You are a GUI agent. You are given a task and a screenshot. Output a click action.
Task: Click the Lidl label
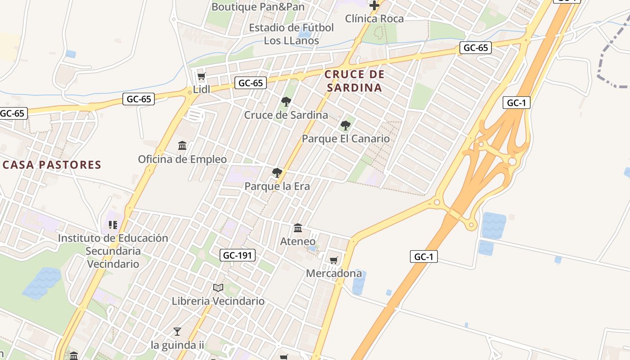click(x=202, y=90)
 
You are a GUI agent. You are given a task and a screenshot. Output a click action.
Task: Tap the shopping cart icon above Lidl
click(x=201, y=76)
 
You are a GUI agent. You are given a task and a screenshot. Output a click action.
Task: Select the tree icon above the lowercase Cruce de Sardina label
click(x=286, y=102)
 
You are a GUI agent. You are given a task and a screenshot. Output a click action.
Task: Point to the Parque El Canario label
click(x=346, y=139)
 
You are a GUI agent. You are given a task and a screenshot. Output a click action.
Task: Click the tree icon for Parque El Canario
click(x=345, y=126)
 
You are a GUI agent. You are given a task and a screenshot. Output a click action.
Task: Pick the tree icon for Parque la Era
click(x=277, y=173)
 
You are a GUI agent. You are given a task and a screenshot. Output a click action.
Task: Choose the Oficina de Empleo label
click(x=182, y=159)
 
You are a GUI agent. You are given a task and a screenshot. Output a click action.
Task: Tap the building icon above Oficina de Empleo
click(x=182, y=146)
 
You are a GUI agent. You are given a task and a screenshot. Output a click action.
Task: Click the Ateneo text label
click(x=298, y=241)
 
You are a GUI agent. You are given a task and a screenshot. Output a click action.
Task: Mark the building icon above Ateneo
click(x=298, y=228)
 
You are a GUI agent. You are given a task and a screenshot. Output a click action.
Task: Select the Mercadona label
click(x=334, y=273)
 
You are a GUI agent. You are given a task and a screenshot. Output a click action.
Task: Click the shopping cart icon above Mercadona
click(x=333, y=260)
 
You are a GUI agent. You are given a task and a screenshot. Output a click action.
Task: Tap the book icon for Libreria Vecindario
click(x=218, y=288)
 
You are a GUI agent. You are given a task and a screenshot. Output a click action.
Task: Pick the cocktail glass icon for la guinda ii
click(x=177, y=332)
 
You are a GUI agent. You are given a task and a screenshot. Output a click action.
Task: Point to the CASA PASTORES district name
click(x=52, y=165)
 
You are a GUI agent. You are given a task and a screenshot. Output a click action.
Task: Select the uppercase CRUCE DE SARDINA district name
click(x=354, y=81)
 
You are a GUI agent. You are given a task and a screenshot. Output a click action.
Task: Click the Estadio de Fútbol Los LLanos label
click(x=291, y=34)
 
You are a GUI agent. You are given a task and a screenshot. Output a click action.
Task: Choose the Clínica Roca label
click(x=374, y=18)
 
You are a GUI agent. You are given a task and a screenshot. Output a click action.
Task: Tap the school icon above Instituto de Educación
click(x=113, y=225)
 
